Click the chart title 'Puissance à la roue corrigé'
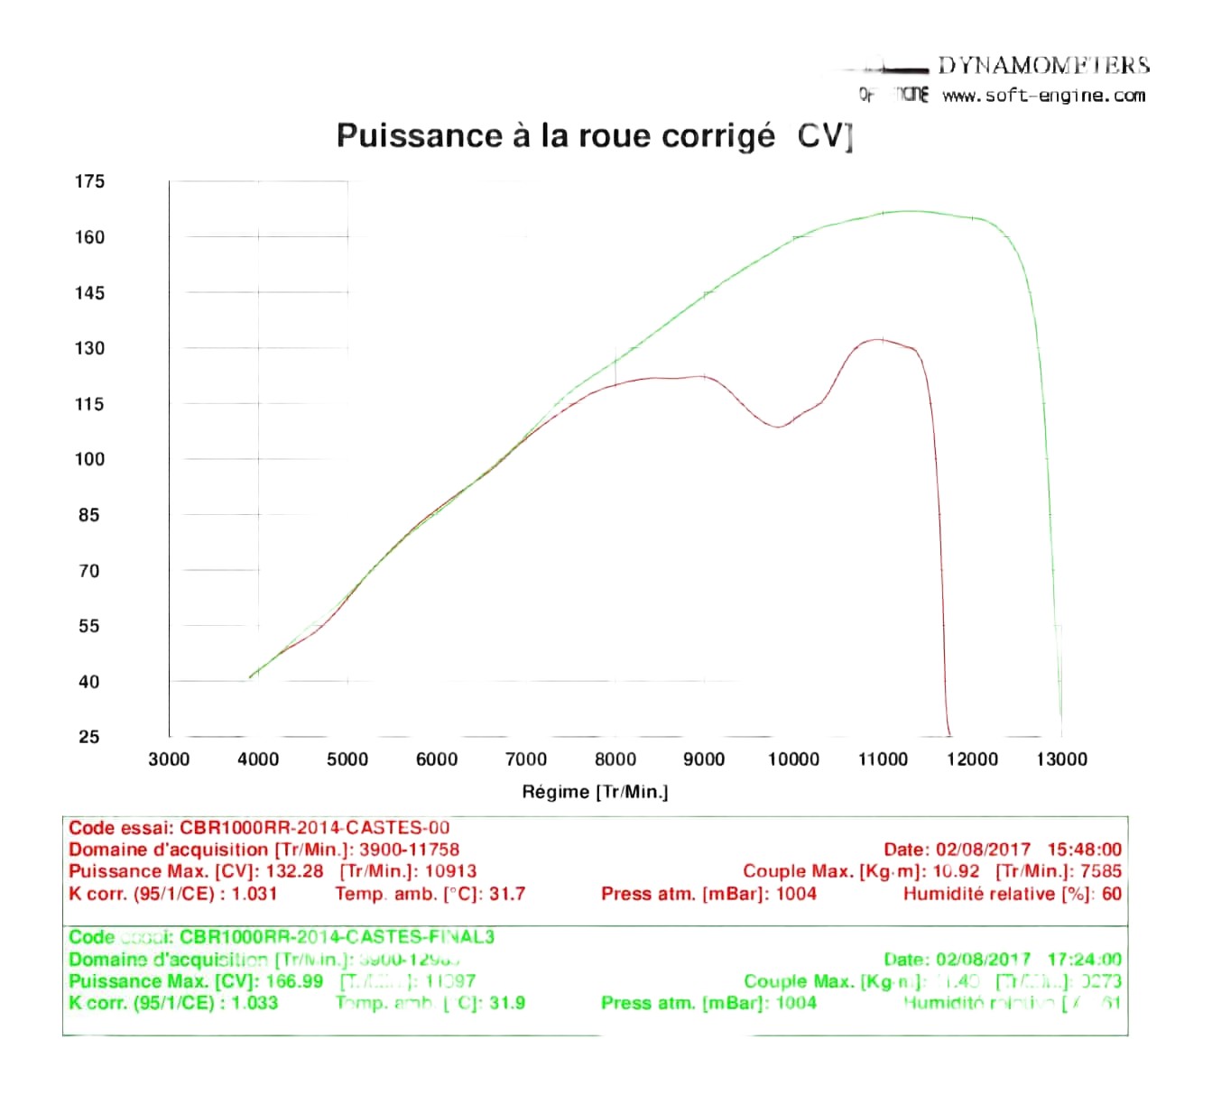click(x=555, y=135)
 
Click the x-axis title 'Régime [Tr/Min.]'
click(x=595, y=792)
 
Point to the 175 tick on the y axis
click(x=89, y=181)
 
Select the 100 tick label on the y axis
click(x=89, y=459)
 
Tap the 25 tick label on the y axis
click(x=89, y=737)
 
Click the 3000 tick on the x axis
click(x=169, y=759)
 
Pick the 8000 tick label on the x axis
click(x=615, y=759)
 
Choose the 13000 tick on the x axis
click(x=1061, y=759)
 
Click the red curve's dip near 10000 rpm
click(x=777, y=427)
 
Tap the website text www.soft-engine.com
click(x=1043, y=96)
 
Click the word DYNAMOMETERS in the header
click(x=1043, y=65)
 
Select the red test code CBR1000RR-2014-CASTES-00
click(x=314, y=827)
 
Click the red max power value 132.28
click(x=294, y=871)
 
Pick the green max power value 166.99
click(x=294, y=981)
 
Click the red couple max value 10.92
click(x=956, y=871)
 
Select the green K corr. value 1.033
click(x=254, y=1003)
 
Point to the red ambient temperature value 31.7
click(x=507, y=894)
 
